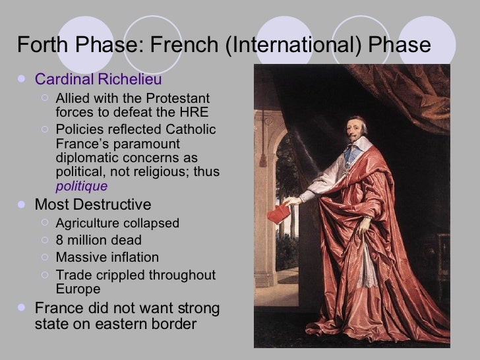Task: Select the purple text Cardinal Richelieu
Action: pos(93,80)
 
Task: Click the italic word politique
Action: pos(81,185)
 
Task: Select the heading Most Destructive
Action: pos(92,204)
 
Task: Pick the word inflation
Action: pos(135,256)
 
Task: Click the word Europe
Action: pos(78,288)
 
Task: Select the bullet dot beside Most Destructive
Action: pos(24,204)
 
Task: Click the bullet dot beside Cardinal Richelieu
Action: pos(24,80)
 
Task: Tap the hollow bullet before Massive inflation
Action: pos(44,256)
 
